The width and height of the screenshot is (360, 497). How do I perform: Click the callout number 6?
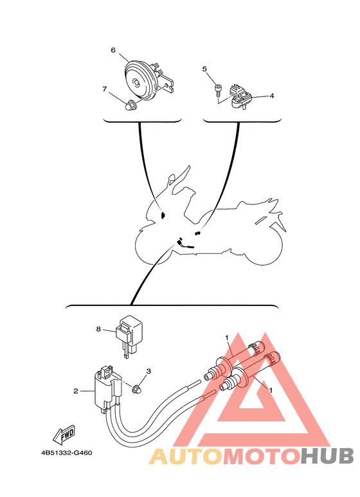coord(113,50)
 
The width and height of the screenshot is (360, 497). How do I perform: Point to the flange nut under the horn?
coord(130,104)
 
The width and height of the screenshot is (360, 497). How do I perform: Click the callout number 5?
coord(204,68)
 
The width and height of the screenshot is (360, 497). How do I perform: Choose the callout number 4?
coord(271,96)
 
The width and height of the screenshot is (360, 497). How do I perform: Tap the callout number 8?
coord(99,329)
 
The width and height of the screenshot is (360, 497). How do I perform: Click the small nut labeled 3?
coord(136,388)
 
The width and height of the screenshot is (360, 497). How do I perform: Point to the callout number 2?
coord(76,390)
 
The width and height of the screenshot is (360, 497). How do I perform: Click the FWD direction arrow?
coord(64,438)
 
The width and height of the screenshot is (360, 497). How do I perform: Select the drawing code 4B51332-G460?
coord(66,452)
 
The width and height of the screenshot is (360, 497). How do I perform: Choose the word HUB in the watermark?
coord(327,456)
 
